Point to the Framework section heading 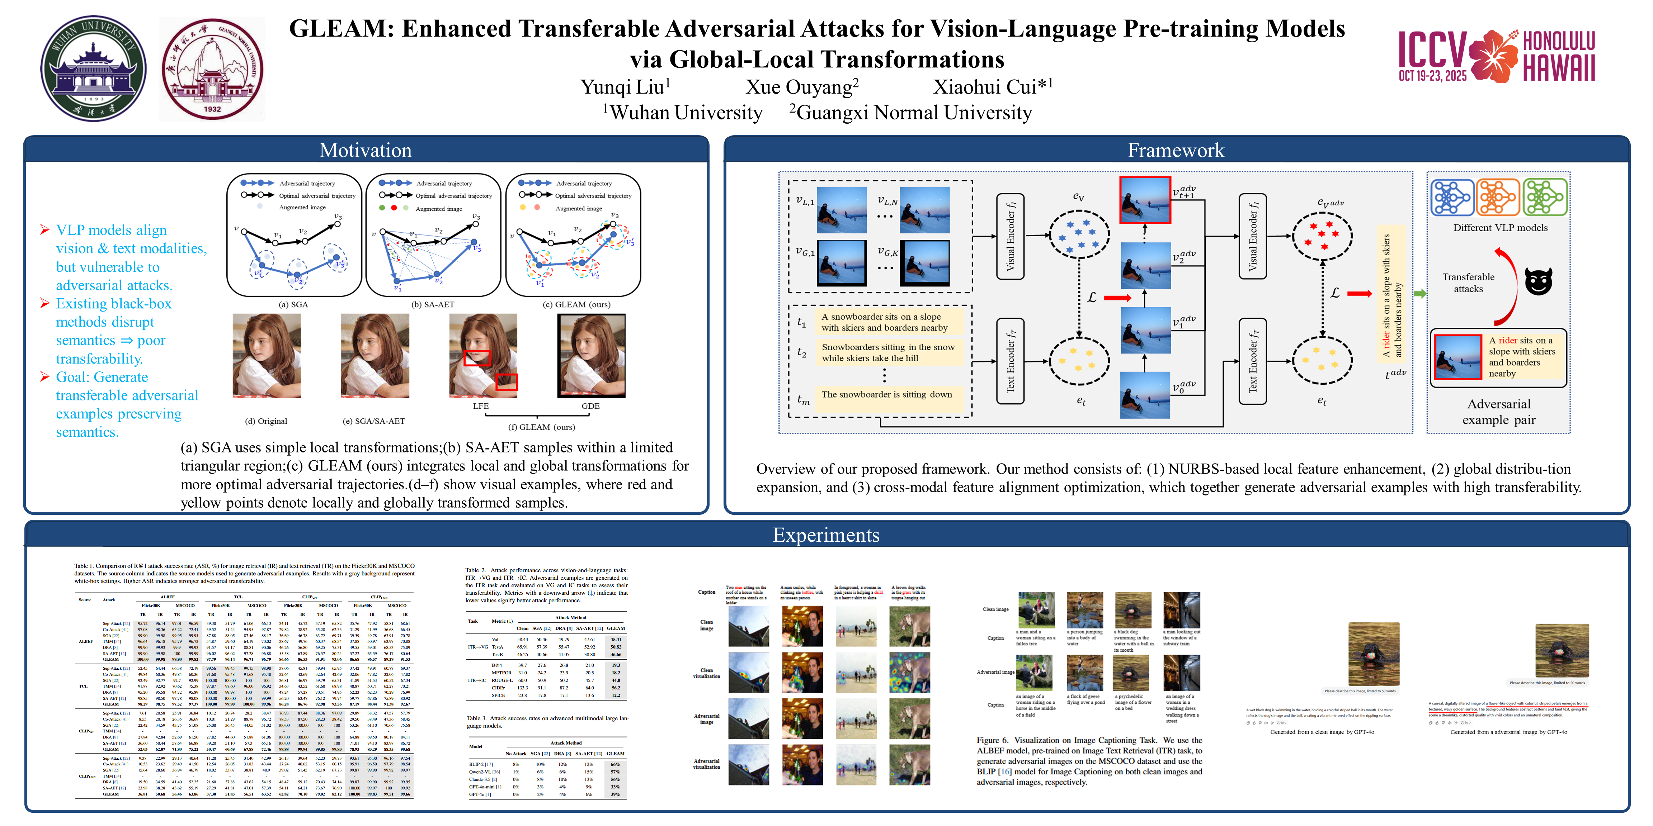click(1176, 150)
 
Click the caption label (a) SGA click(293, 305)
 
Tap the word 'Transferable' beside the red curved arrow click(1468, 277)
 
